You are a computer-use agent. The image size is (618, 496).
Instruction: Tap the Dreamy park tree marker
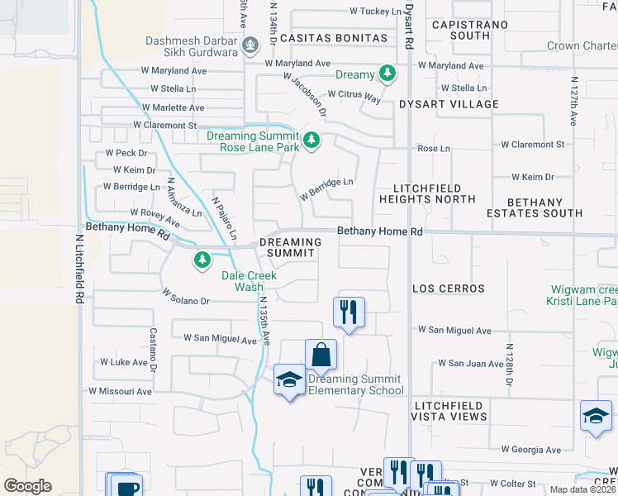387,74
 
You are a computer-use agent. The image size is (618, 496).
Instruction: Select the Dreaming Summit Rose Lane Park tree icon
311,141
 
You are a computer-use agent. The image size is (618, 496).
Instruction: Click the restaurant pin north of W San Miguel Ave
349,312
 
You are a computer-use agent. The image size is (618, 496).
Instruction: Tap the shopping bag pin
321,355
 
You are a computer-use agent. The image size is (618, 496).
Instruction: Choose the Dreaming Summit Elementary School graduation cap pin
289,379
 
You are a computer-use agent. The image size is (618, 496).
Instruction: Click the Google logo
27,486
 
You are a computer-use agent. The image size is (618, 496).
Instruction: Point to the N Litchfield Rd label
80,268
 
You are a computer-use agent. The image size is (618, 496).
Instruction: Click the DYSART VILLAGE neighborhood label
449,104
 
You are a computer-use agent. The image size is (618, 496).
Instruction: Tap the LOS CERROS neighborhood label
449,289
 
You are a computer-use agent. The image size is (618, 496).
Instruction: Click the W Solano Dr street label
187,297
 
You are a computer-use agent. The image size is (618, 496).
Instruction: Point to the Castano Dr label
153,348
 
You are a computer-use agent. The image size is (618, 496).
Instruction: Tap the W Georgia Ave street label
531,450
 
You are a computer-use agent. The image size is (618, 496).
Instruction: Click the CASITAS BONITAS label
333,38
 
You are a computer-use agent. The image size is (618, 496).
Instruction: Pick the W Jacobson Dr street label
305,93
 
